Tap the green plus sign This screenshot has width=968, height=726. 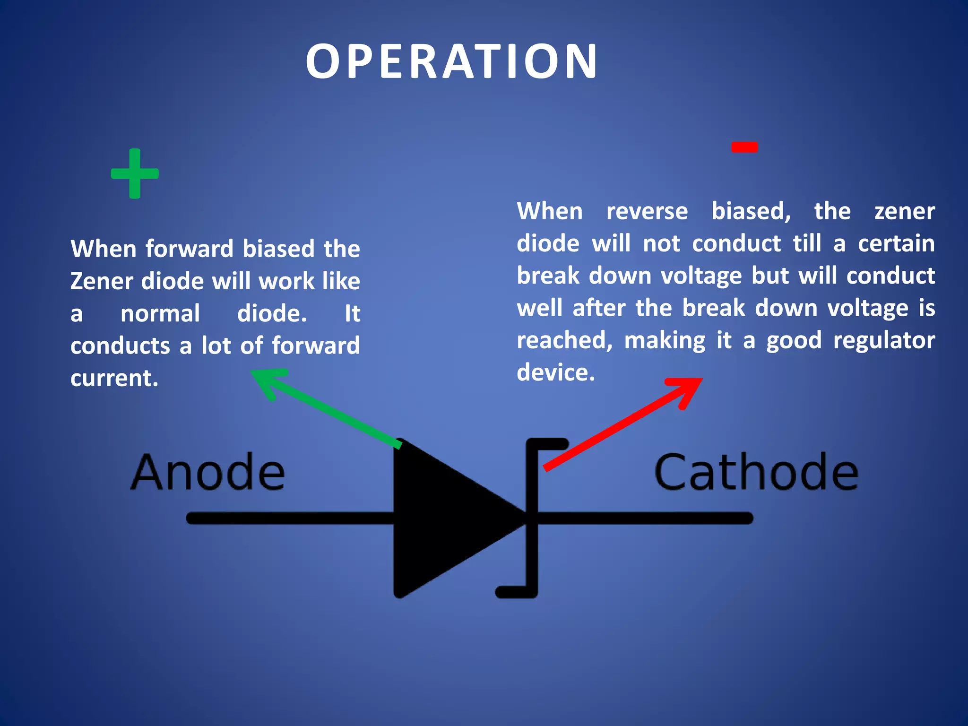(x=135, y=173)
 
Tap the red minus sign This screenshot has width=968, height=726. (x=744, y=147)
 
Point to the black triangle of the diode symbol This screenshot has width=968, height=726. (x=444, y=518)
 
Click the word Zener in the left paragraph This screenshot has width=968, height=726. (x=102, y=281)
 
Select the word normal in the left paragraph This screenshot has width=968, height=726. (x=160, y=313)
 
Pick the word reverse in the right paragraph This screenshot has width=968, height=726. (x=647, y=211)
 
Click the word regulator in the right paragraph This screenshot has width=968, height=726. (x=884, y=340)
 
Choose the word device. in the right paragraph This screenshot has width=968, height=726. (x=556, y=372)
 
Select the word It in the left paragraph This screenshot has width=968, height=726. (x=352, y=313)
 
